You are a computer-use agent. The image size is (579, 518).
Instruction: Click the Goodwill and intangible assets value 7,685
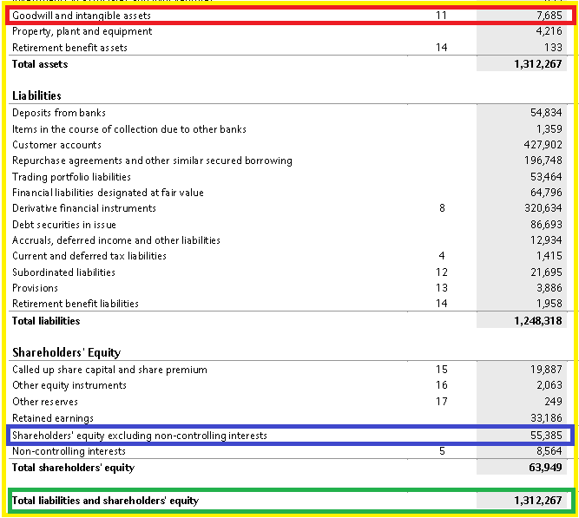pyautogui.click(x=549, y=16)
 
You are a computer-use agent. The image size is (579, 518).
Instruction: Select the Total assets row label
pyautogui.click(x=40, y=64)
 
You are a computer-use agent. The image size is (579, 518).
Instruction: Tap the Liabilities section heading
pyautogui.click(x=36, y=95)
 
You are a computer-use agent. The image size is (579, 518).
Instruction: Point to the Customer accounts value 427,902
pyautogui.click(x=543, y=145)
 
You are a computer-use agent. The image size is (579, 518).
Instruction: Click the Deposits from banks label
pyautogui.click(x=59, y=113)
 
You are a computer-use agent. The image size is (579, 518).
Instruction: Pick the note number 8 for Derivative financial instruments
pyautogui.click(x=442, y=208)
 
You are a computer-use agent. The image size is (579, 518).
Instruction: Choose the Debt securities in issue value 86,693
pyautogui.click(x=546, y=225)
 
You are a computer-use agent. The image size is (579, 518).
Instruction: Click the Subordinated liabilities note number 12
pyautogui.click(x=442, y=272)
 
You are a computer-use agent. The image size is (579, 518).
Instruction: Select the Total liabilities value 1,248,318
pyautogui.click(x=538, y=321)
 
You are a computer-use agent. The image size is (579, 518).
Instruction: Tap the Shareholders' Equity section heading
pyautogui.click(x=67, y=352)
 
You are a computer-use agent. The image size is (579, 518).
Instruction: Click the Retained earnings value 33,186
pyautogui.click(x=546, y=418)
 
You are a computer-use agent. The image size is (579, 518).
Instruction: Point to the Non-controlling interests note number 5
pyautogui.click(x=442, y=451)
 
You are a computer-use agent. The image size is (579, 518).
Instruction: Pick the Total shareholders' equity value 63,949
pyautogui.click(x=545, y=468)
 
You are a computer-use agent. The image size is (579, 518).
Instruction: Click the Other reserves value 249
pyautogui.click(x=553, y=402)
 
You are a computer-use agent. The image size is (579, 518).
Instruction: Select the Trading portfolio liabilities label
pyautogui.click(x=71, y=177)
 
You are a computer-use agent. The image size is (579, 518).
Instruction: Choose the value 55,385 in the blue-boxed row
pyautogui.click(x=546, y=436)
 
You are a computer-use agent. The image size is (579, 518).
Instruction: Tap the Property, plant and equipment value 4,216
pyautogui.click(x=549, y=31)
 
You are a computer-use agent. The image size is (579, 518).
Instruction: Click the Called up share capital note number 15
pyautogui.click(x=442, y=370)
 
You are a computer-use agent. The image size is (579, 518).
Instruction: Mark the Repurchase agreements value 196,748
pyautogui.click(x=543, y=161)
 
